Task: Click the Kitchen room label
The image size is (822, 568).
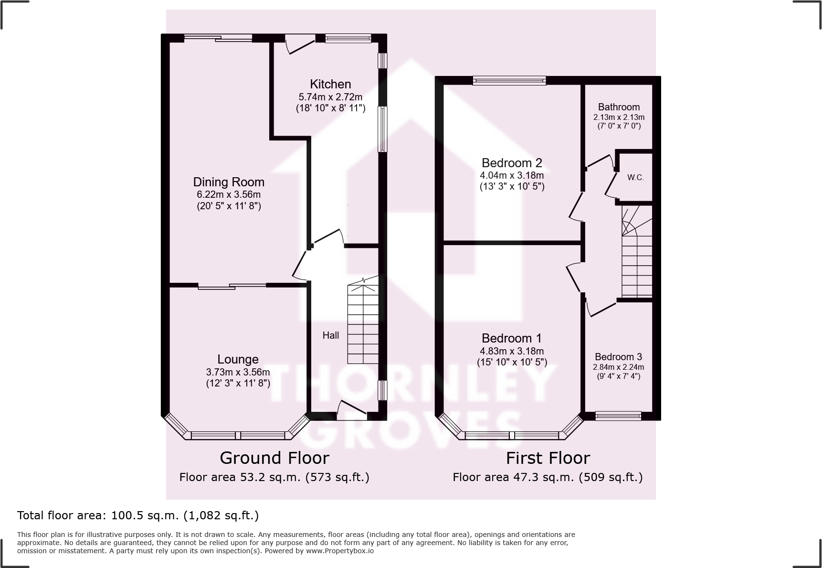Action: point(330,84)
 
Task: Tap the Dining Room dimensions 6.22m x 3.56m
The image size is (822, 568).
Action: point(229,194)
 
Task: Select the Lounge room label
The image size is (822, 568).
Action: point(238,359)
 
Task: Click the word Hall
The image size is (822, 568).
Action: point(330,335)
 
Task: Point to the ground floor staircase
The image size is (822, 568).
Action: point(363,322)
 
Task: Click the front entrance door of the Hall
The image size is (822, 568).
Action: point(352,412)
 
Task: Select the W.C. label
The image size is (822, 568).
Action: point(635,177)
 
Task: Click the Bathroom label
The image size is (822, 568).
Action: point(619,107)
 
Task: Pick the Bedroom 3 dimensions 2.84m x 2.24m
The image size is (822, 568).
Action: point(618,367)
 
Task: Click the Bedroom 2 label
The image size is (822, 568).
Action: point(512,163)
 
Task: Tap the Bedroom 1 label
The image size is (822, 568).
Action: point(512,338)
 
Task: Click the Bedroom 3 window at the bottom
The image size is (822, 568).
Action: point(618,416)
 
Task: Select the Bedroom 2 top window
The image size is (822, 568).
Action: point(509,81)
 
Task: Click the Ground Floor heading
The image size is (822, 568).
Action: point(274,458)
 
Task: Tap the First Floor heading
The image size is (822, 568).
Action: point(548,458)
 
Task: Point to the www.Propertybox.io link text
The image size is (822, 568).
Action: point(339,551)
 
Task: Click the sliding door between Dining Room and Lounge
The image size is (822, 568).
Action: point(232,286)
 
